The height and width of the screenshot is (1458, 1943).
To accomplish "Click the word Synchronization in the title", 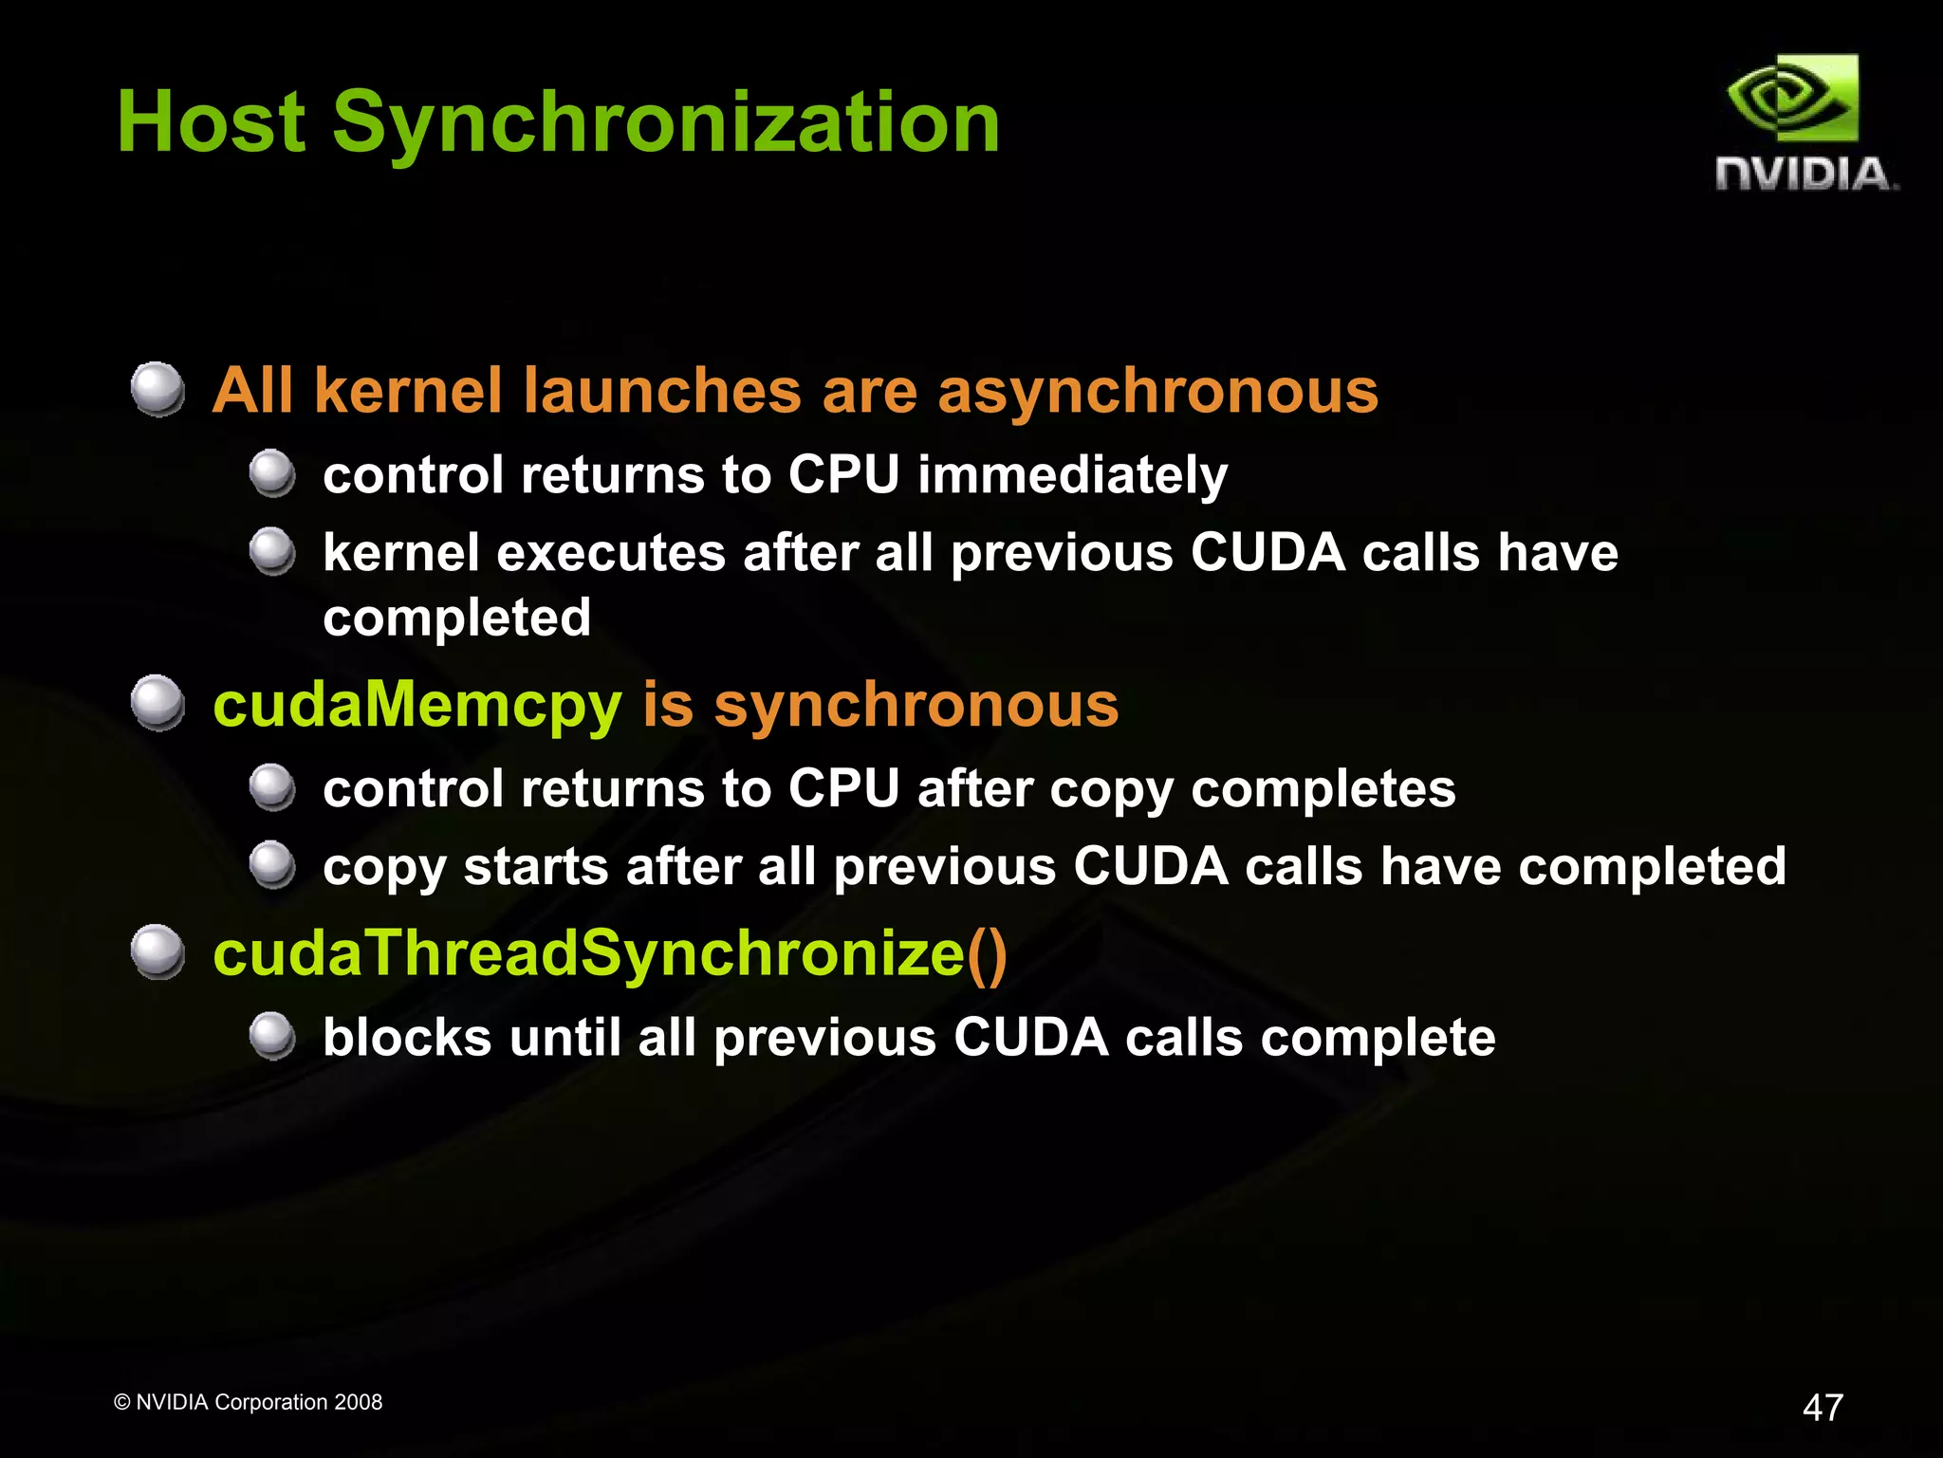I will pyautogui.click(x=666, y=123).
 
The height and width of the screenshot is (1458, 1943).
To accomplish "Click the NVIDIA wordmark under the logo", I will pyautogui.click(x=1804, y=175).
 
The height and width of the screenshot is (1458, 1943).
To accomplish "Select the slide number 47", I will pyautogui.click(x=1823, y=1407).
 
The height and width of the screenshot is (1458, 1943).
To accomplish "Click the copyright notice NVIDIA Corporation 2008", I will pyautogui.click(x=249, y=1402).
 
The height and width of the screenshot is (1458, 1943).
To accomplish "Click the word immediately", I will pyautogui.click(x=1072, y=474).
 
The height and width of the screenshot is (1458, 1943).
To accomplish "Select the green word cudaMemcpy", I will pyautogui.click(x=417, y=706).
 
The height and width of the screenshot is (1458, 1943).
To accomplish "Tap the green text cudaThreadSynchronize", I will pyautogui.click(x=588, y=953).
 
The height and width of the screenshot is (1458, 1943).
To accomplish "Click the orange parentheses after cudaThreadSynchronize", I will pyautogui.click(x=987, y=953).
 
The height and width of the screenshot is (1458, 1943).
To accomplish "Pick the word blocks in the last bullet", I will pyautogui.click(x=407, y=1037).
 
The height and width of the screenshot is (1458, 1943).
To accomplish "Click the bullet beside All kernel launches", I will pyautogui.click(x=157, y=389).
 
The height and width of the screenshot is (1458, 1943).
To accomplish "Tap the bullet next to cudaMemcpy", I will pyautogui.click(x=157, y=703).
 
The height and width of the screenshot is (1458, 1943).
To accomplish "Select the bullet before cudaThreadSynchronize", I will pyautogui.click(x=157, y=951).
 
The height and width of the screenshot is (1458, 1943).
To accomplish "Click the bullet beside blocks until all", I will pyautogui.click(x=272, y=1035).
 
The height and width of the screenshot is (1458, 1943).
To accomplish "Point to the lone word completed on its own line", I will pyautogui.click(x=456, y=618).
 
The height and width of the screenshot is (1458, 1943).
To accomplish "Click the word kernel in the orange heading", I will pyautogui.click(x=408, y=391).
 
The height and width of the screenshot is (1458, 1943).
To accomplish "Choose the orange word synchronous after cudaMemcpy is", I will pyautogui.click(x=916, y=706).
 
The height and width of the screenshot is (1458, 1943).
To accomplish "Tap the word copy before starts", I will pyautogui.click(x=384, y=868).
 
